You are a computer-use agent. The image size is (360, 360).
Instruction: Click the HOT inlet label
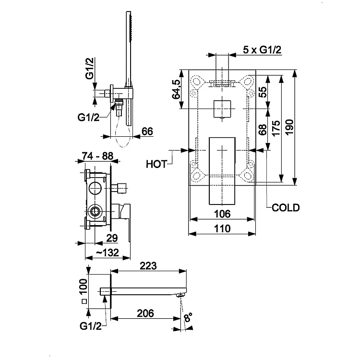click(156, 164)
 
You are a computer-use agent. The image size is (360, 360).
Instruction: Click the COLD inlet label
click(286, 207)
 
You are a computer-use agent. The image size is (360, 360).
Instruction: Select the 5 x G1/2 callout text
click(262, 49)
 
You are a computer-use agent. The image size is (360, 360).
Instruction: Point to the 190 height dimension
click(290, 127)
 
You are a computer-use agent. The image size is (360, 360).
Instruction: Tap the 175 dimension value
click(276, 128)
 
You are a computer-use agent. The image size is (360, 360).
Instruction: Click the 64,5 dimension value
click(176, 89)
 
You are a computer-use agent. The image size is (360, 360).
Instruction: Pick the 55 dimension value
click(263, 92)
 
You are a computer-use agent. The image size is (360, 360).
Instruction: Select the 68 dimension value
click(263, 130)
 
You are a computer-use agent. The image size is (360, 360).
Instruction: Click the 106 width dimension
click(222, 214)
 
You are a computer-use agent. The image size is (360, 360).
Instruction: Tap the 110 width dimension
click(222, 228)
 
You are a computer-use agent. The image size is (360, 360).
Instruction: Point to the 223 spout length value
click(148, 265)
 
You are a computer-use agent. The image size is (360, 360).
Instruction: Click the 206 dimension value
click(145, 313)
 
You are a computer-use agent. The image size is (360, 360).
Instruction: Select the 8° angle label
click(188, 318)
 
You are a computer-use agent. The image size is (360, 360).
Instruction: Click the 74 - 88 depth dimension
click(97, 156)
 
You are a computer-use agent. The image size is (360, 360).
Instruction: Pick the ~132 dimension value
click(108, 252)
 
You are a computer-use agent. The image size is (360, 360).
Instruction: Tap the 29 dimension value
click(112, 238)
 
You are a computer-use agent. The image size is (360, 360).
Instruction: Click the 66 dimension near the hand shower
click(147, 132)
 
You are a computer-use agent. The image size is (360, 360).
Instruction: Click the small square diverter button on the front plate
click(222, 109)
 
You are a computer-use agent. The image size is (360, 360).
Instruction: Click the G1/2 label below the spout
click(91, 326)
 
